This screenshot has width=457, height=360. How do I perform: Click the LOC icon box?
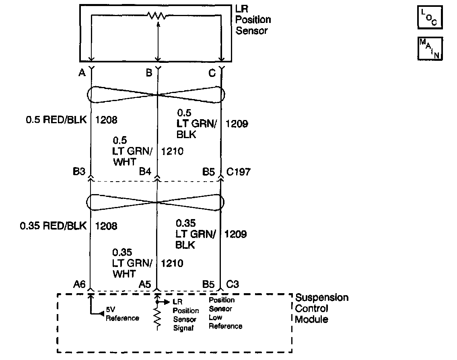tap(430, 17)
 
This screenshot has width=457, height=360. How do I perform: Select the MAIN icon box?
tap(430, 48)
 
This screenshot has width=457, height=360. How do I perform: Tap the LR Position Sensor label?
tap(253, 19)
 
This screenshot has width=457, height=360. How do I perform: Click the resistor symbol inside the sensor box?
tap(156, 16)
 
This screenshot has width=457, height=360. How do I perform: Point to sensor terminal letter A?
tap(82, 73)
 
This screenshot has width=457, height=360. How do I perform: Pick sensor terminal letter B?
tap(149, 73)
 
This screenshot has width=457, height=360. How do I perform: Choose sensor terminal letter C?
tap(212, 73)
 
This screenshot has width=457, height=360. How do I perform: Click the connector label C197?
tap(238, 172)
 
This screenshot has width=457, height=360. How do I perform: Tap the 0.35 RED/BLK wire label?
tap(53, 226)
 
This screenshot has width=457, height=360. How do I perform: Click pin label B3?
tap(79, 172)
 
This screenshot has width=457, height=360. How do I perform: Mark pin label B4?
tap(145, 172)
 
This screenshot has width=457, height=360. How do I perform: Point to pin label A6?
tap(79, 285)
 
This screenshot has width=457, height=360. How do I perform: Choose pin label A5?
tap(145, 285)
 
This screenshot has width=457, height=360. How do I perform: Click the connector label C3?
tap(233, 285)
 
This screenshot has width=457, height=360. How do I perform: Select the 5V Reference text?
tap(122, 314)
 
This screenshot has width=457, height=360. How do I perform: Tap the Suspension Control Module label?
tap(321, 308)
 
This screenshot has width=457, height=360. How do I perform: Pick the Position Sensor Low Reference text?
tap(225, 313)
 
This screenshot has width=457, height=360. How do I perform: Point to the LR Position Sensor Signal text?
tap(185, 315)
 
